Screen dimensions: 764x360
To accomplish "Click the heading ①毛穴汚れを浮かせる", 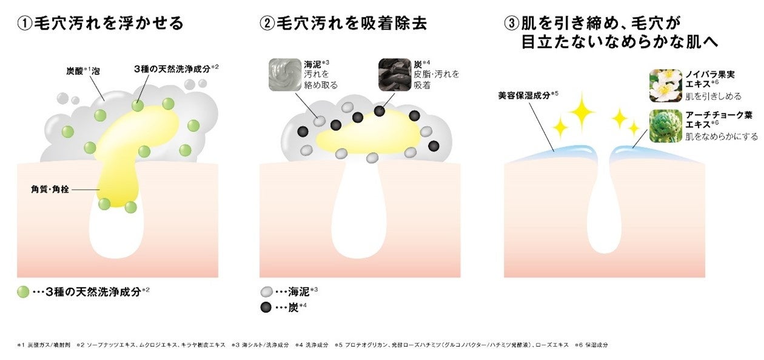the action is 101,24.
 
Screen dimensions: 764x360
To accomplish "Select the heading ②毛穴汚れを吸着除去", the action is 343,24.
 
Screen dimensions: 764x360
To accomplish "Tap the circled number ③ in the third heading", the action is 511,24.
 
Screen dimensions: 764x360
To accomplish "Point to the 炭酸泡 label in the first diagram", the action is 83,71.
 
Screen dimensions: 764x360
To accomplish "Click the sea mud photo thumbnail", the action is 284,75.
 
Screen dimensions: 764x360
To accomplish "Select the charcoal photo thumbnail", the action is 394,75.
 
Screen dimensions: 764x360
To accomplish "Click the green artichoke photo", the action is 665,125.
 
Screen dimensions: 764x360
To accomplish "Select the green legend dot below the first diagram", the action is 23,292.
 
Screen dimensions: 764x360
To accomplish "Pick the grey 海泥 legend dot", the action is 266,292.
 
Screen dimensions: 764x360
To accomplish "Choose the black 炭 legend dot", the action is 266,307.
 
